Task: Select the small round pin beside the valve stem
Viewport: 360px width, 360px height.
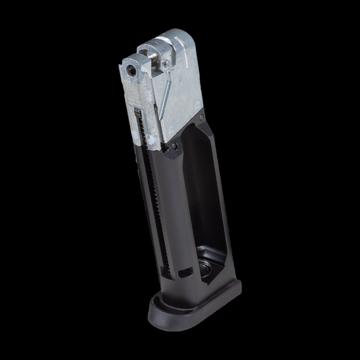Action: tap(167, 63)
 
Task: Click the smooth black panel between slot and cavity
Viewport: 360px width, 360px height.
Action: tap(178, 211)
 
